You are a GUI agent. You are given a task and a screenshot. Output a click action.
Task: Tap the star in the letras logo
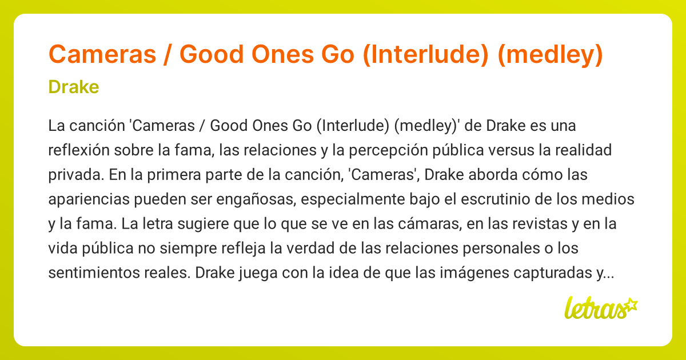click(x=631, y=304)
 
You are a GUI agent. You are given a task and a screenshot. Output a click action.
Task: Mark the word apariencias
click(x=87, y=199)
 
